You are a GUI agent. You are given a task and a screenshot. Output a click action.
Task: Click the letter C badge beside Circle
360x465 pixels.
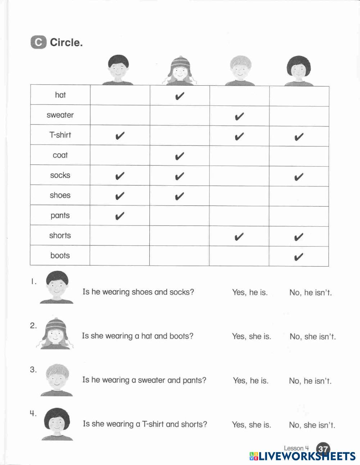coord(38,42)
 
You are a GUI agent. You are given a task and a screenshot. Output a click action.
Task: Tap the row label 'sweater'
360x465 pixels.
coord(60,115)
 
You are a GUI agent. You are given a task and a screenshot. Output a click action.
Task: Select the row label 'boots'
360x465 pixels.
coord(60,256)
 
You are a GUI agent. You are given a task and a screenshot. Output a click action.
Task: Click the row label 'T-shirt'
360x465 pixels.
coord(60,135)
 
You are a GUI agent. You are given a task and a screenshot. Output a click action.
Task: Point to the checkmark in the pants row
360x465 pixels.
coord(120,216)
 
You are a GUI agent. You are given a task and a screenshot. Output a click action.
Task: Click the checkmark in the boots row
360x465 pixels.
coord(298,257)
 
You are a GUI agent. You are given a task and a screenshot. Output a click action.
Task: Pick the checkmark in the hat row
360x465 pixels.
coord(180,96)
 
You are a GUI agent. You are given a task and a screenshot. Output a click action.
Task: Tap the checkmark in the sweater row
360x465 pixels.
coord(239,116)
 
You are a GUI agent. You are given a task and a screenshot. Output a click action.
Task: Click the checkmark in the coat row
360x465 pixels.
coord(180,156)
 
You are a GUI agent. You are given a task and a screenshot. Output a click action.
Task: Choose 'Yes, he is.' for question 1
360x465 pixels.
coord(250,292)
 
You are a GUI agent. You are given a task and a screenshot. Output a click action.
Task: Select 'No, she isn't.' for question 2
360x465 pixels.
coord(312,337)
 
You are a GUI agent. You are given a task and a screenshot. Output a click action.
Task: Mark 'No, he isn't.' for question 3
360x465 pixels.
coord(310,381)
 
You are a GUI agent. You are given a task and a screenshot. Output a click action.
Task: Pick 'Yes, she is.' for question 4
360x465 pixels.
coord(251,425)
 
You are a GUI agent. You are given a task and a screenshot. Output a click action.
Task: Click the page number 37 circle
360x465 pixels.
coord(323,449)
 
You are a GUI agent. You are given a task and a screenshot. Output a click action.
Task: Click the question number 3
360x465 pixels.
coord(33,370)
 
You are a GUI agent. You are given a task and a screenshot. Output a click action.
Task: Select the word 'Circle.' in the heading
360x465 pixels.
coord(66,42)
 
